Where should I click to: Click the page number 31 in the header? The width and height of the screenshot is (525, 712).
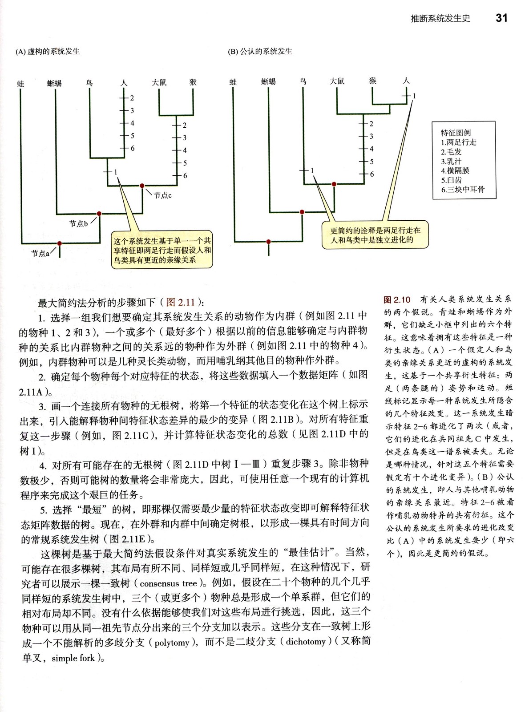(x=501, y=18)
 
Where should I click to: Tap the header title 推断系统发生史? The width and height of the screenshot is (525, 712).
(x=440, y=19)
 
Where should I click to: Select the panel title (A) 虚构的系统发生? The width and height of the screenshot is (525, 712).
(x=48, y=52)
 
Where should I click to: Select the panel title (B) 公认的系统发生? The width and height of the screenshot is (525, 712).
(x=260, y=52)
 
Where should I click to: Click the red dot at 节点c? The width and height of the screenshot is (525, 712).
(x=142, y=186)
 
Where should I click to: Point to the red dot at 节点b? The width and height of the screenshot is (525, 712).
(x=99, y=214)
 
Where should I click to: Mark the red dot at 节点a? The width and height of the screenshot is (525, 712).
(x=60, y=243)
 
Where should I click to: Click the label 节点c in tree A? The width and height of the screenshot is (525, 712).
(x=163, y=195)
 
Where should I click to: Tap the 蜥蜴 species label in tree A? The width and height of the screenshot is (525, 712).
(x=54, y=83)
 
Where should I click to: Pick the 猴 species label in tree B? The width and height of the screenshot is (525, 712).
(x=373, y=81)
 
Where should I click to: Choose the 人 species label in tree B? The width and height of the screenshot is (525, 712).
(x=406, y=81)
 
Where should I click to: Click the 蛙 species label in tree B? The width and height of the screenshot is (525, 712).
(x=233, y=82)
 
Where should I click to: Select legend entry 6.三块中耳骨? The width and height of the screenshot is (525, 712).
(x=463, y=190)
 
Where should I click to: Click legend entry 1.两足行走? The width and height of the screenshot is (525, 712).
(x=458, y=142)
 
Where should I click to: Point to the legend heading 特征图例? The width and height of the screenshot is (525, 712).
(x=456, y=133)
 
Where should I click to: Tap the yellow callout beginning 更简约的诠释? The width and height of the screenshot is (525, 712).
(x=376, y=235)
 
